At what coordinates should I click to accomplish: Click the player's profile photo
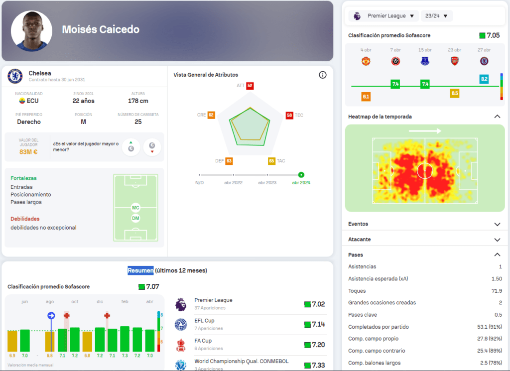31,31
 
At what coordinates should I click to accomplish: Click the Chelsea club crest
15,76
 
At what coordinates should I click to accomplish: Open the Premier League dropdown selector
384,16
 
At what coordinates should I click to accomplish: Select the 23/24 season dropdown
437,16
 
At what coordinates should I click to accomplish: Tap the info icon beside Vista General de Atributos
322,75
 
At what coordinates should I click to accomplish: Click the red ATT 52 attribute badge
250,86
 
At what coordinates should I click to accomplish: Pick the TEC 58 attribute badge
289,115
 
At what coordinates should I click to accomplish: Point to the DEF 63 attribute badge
229,161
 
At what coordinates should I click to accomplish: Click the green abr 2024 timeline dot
301,175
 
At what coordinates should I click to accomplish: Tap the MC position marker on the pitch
135,207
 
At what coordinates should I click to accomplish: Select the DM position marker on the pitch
135,218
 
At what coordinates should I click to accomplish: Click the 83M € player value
28,152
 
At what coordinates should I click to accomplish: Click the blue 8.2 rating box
484,79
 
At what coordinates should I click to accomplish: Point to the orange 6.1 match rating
366,97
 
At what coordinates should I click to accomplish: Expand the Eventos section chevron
497,225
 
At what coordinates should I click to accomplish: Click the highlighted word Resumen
140,270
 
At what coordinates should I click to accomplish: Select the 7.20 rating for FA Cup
317,345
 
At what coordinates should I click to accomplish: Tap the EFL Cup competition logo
181,325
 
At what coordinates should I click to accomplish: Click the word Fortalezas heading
23,178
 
